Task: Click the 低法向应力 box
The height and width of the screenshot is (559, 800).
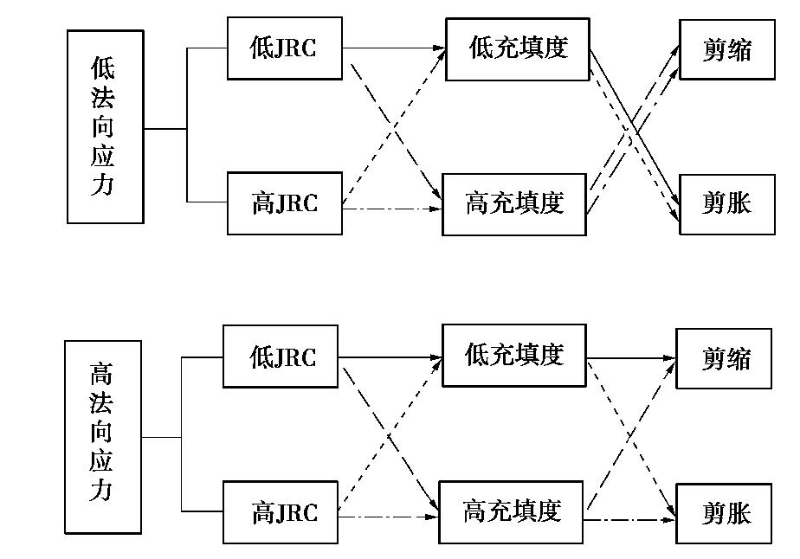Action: pos(105,126)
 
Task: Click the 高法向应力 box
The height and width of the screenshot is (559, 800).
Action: pos(102,436)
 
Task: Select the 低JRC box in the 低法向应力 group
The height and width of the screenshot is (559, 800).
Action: pos(285,48)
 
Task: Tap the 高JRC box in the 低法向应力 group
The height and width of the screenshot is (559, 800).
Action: pos(285,203)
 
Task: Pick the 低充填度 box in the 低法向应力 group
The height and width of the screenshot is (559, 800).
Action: pos(518,48)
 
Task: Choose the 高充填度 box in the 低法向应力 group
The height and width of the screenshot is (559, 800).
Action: pos(514,204)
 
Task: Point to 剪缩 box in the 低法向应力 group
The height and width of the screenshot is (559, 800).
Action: pos(726,48)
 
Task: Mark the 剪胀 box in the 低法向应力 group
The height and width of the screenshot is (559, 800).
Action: pos(726,204)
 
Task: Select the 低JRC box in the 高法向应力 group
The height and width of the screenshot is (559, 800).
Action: pos(281,357)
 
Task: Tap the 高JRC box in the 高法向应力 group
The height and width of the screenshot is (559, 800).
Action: pos(281,513)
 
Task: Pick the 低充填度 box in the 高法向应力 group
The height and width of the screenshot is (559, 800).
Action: pos(514,355)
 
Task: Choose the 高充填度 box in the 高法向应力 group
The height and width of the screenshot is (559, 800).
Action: pos(512,511)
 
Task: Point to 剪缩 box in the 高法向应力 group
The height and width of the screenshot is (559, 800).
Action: pos(724,357)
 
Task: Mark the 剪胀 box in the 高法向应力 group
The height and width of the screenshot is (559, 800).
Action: pos(724,513)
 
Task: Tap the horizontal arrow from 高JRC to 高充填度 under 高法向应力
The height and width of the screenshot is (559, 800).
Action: pos(389,517)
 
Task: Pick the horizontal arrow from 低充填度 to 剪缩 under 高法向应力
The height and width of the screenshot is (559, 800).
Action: pos(631,357)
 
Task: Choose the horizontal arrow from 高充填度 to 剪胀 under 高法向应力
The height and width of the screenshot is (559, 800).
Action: pos(630,520)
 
